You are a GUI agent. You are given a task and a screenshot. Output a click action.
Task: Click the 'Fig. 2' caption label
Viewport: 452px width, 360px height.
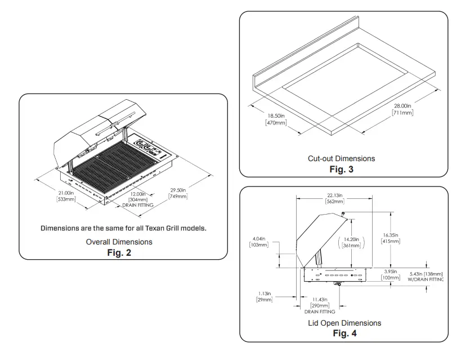119,253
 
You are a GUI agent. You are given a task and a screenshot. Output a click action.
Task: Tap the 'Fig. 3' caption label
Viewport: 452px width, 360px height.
341,169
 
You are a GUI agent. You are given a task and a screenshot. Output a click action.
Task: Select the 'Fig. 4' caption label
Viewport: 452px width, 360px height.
344,334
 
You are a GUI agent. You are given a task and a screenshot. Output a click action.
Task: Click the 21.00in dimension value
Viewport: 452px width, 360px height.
66,193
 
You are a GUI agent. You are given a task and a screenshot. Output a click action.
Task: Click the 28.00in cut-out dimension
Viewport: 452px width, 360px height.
402,106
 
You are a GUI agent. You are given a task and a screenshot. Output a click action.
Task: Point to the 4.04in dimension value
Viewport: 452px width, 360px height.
258,238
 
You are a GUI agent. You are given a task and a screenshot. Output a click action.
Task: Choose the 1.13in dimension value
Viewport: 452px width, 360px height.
264,293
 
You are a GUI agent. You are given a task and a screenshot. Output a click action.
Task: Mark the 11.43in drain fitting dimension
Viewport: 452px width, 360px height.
319,299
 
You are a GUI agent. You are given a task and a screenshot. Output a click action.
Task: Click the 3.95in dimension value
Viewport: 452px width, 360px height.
390,271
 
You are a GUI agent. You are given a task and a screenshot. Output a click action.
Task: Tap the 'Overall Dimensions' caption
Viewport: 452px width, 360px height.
119,242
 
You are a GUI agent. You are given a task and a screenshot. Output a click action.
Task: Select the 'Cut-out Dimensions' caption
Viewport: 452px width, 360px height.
341,159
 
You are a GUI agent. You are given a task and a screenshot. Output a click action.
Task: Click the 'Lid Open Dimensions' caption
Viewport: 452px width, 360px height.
344,323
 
